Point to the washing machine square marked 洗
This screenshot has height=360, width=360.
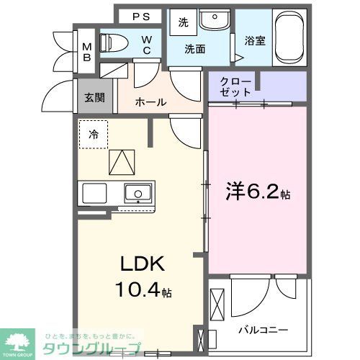183,22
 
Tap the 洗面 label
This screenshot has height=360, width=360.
194,50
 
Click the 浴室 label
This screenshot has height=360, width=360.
255,41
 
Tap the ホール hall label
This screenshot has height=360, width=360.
150,102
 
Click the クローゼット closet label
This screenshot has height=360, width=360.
237,86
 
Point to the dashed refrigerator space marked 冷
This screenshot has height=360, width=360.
94,134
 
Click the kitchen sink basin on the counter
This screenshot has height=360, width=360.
137,193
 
